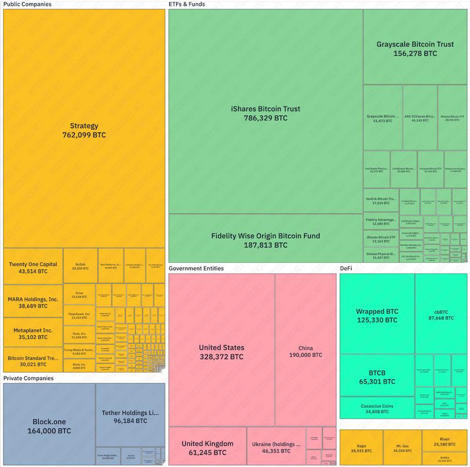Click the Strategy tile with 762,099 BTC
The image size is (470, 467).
pyautogui.click(x=84, y=130)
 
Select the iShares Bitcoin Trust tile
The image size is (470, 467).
pyautogui.click(x=265, y=113)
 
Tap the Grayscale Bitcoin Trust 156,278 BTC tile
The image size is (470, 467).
pyautogui.click(x=415, y=48)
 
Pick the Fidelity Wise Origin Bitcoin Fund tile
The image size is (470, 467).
pyautogui.click(x=265, y=240)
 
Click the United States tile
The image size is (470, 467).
pyautogui.click(x=221, y=351)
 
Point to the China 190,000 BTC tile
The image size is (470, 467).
pyautogui.click(x=305, y=351)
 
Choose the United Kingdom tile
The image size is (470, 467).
pyautogui.click(x=207, y=447)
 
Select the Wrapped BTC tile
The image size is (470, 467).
pyautogui.click(x=377, y=315)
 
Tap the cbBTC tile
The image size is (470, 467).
pyautogui.click(x=441, y=314)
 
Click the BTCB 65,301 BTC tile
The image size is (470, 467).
pyautogui.click(x=377, y=376)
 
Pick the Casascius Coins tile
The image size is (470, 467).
pyautogui.click(x=377, y=409)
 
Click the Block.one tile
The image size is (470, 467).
pyautogui.click(x=49, y=425)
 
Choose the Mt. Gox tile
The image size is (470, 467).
pyautogui.click(x=402, y=448)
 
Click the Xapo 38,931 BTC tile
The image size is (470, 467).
pyautogui.click(x=361, y=448)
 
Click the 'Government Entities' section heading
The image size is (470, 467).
pyautogui.click(x=196, y=269)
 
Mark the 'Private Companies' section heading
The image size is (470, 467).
pyautogui.click(x=28, y=378)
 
